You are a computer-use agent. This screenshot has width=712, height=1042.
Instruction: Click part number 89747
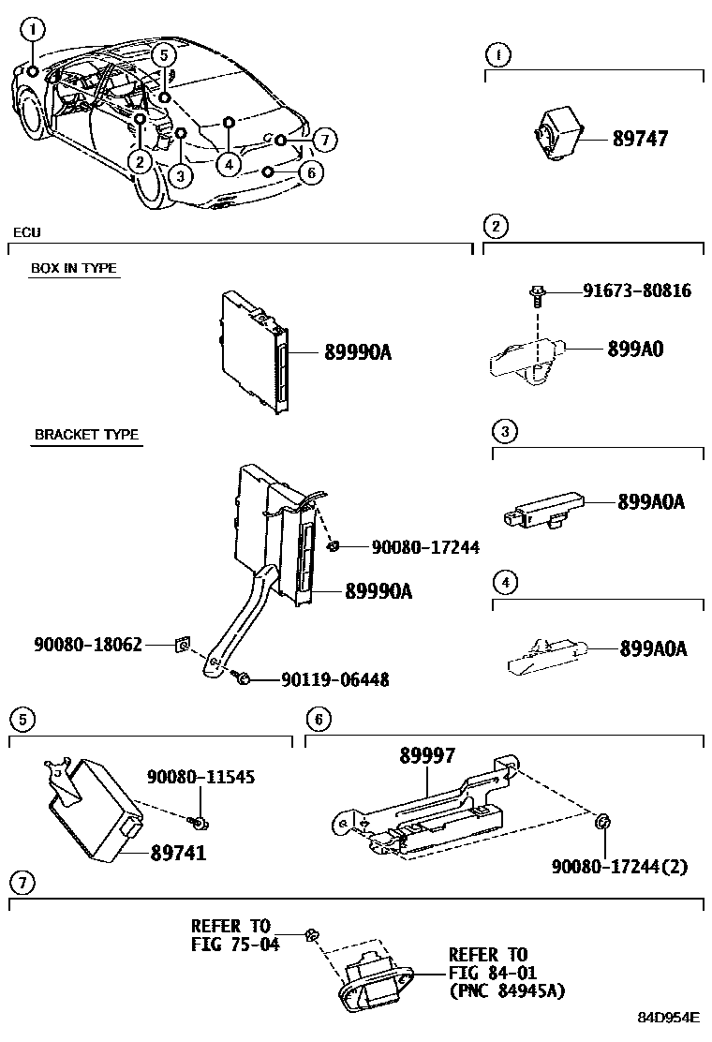click(x=641, y=139)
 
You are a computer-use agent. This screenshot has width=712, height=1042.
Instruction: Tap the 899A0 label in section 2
click(x=635, y=350)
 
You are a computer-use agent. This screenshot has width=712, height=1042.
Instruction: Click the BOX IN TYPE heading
click(x=74, y=268)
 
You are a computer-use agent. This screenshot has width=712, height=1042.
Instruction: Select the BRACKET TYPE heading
click(x=86, y=435)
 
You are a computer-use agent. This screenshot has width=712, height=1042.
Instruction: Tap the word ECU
click(x=26, y=231)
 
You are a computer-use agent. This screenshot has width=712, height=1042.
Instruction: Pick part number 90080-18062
click(x=88, y=645)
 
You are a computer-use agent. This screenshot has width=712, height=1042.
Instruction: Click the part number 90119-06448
click(x=334, y=680)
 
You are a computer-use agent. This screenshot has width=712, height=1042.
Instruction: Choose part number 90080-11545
click(x=200, y=777)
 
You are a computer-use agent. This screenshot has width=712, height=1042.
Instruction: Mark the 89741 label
click(x=178, y=854)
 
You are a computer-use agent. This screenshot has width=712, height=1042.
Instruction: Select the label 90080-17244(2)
click(x=619, y=867)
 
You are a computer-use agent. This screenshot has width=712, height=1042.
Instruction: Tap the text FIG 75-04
click(x=235, y=945)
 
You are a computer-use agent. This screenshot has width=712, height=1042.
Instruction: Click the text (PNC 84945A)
click(x=507, y=990)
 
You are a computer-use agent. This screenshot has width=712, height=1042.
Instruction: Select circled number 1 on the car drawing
click(x=33, y=30)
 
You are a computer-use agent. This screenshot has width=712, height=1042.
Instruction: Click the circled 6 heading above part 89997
click(x=319, y=720)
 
